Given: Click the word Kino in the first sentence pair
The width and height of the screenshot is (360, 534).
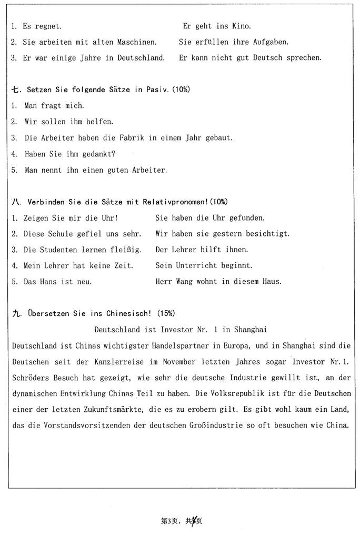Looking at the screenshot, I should coord(241,26).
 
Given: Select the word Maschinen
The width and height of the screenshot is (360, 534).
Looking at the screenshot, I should coord(137,42).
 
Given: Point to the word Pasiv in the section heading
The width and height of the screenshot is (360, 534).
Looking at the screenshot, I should coord(157,90).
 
